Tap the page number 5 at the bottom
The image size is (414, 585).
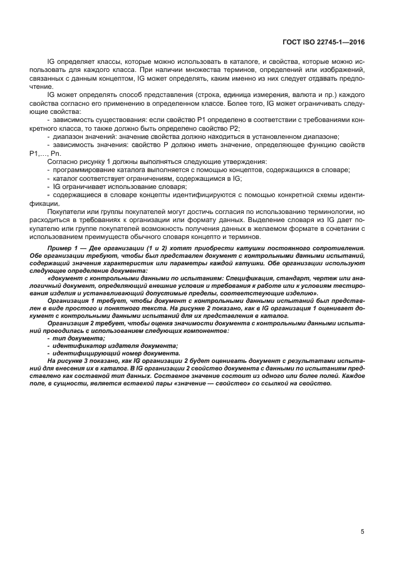(362, 532)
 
